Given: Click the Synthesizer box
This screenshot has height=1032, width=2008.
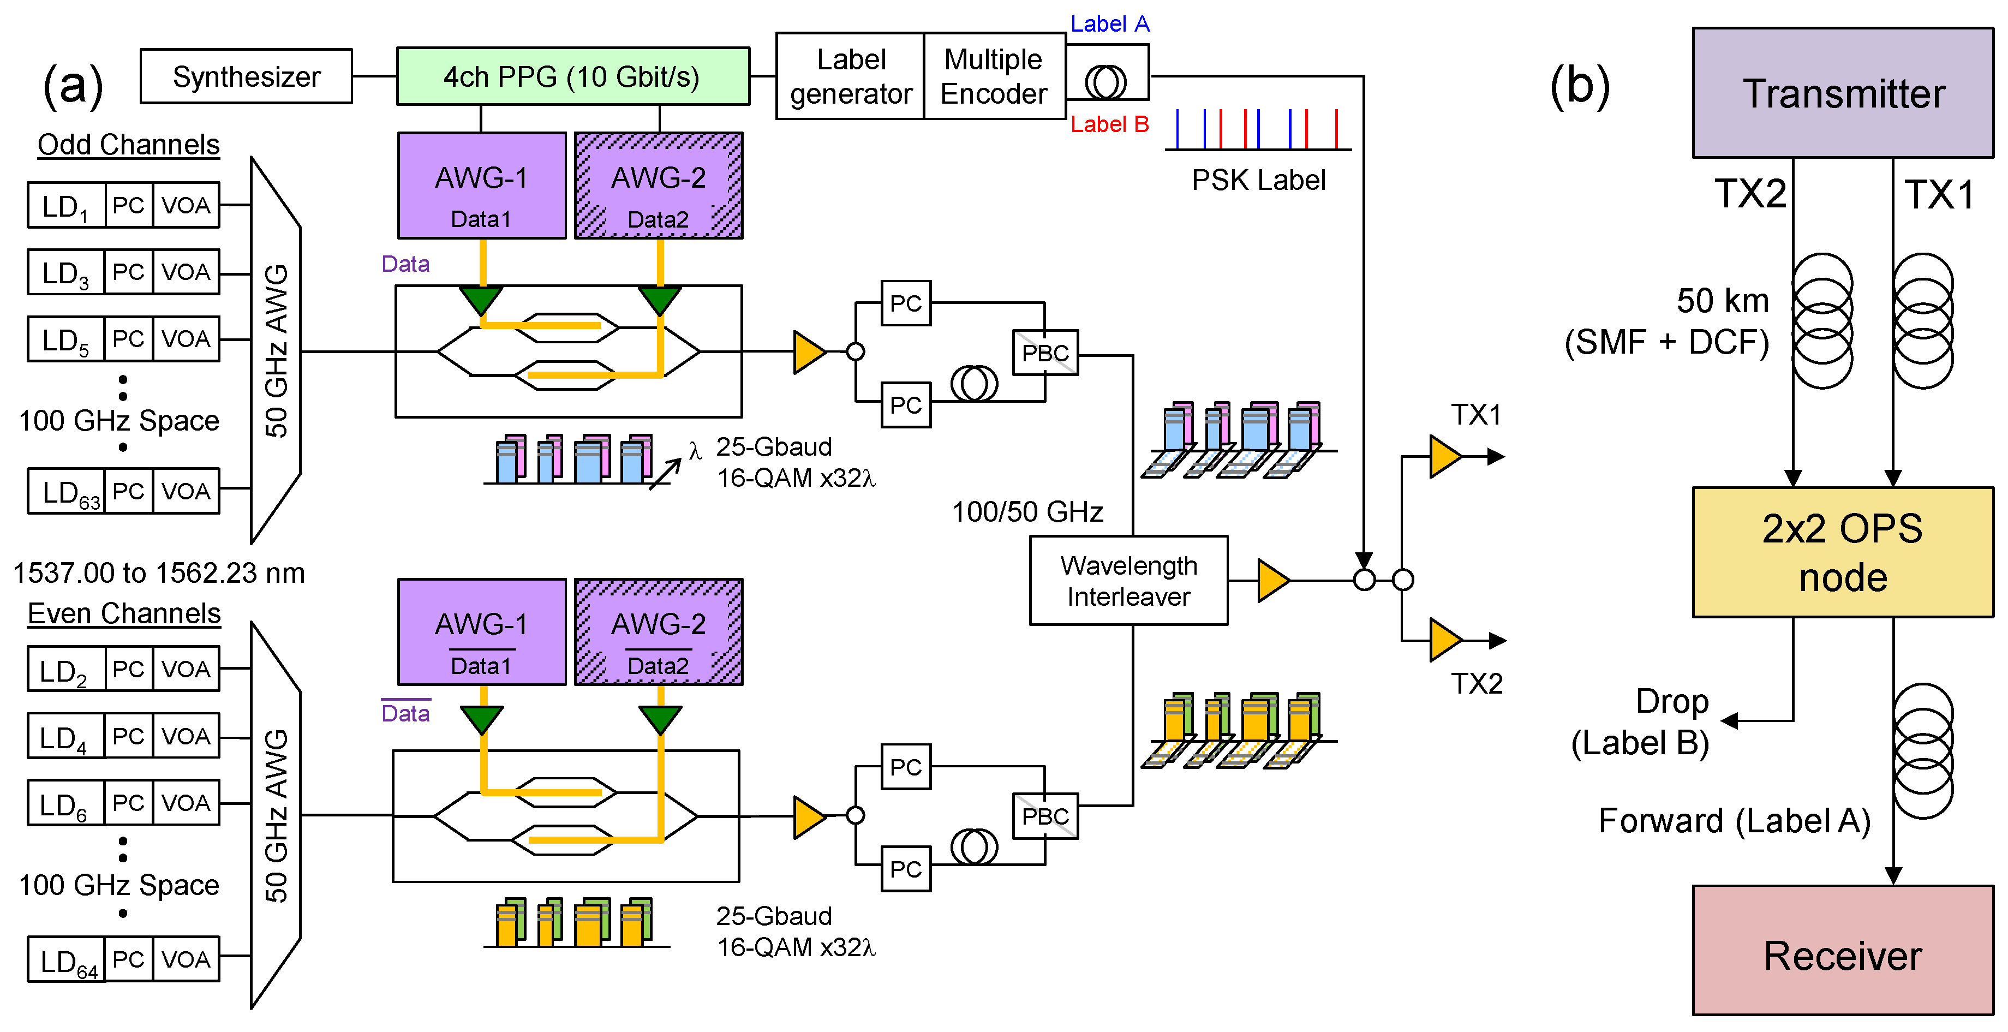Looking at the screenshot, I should click(x=246, y=76).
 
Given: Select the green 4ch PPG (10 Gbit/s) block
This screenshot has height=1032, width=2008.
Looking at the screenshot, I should click(x=572, y=76).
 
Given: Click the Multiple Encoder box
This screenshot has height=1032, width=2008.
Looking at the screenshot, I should click(x=994, y=76).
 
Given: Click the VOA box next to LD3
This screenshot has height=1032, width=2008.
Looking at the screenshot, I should click(x=186, y=272).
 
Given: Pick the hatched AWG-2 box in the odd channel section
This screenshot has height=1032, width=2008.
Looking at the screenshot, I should click(x=658, y=186).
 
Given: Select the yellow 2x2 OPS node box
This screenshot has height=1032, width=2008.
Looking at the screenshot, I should click(x=1842, y=553).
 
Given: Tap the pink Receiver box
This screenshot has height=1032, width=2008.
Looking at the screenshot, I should click(x=1842, y=951).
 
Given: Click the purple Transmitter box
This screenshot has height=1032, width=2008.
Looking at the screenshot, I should click(x=1842, y=93).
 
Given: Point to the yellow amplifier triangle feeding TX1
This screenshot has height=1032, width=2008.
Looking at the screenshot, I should click(x=1444, y=457).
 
